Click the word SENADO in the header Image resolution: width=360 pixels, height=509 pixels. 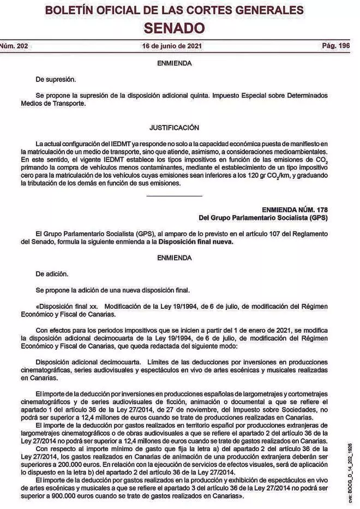pos(175,28)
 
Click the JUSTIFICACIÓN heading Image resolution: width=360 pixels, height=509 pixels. pos(174,128)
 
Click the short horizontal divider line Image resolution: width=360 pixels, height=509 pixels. pos(175,195)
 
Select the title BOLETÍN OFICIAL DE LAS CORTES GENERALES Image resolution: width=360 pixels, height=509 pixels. pos(175,11)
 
